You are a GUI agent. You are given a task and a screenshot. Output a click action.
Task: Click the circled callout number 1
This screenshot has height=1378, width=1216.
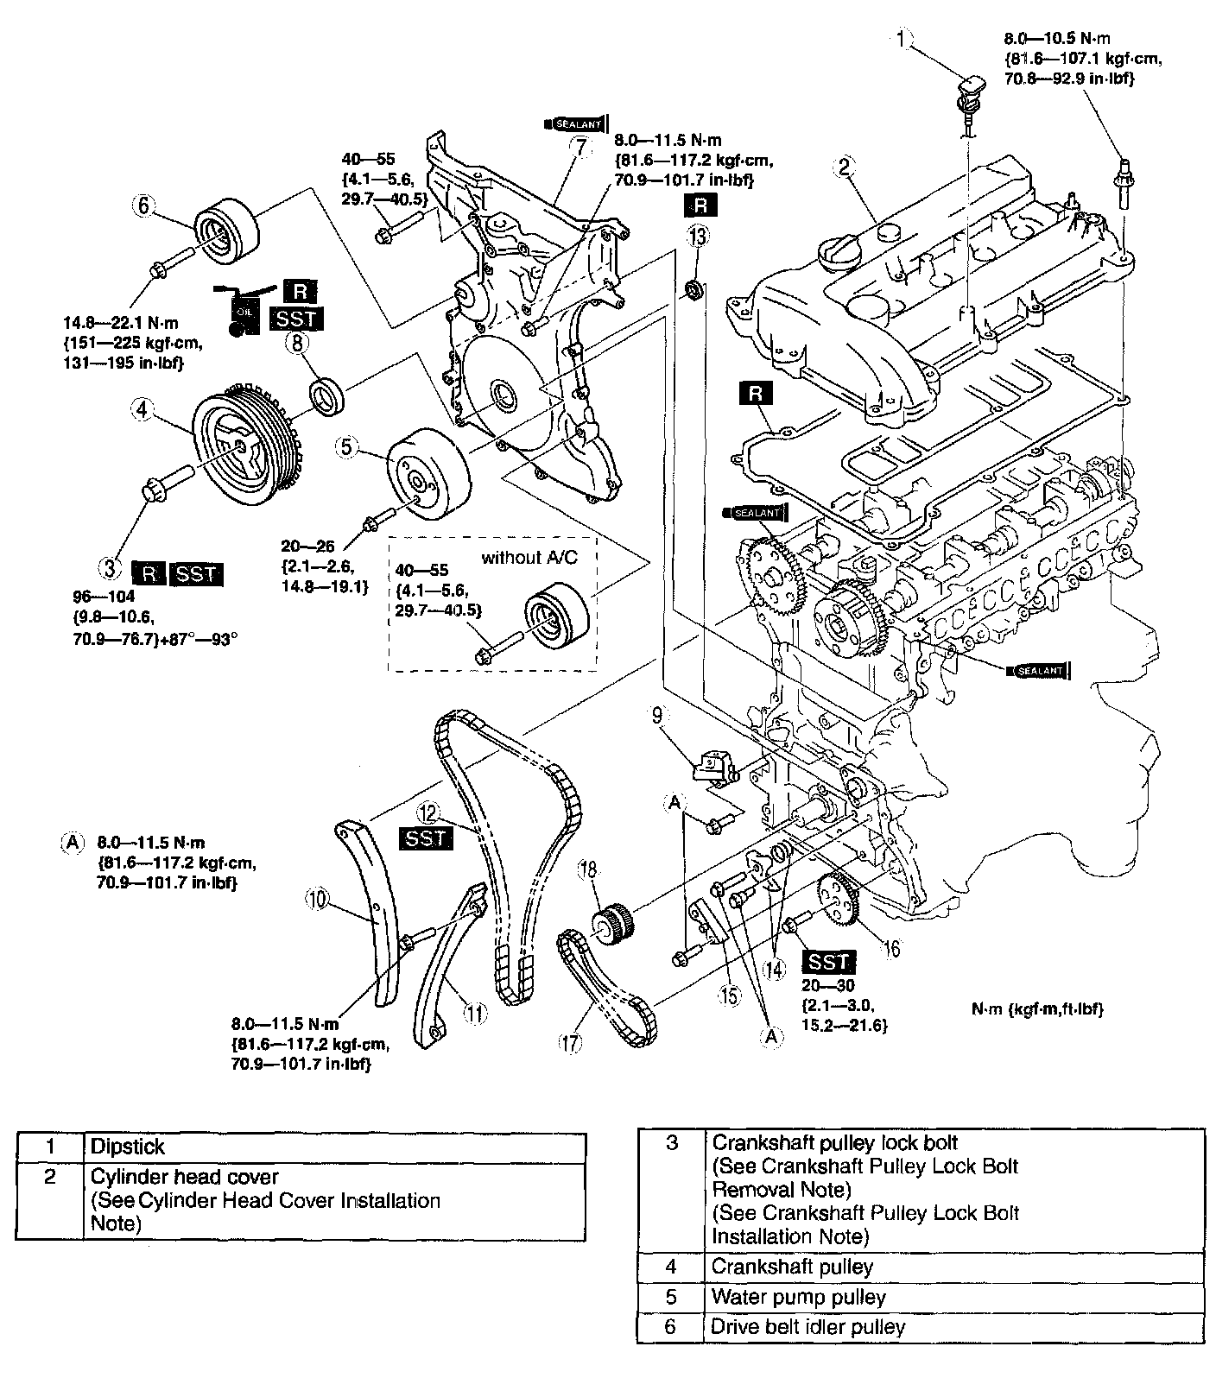[902, 39]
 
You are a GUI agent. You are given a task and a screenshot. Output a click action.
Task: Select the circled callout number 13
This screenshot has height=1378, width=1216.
[698, 235]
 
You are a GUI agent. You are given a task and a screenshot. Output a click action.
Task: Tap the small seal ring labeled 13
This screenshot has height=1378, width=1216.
[693, 289]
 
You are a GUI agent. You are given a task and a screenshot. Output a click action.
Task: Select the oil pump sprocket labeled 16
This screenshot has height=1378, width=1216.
[836, 898]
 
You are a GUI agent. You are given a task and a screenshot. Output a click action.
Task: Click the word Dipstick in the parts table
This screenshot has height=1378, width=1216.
[127, 1147]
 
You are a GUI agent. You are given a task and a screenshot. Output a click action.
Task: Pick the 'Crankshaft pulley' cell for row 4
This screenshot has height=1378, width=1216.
[792, 1267]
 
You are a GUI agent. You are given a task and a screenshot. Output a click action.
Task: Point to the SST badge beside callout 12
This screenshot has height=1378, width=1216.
[425, 838]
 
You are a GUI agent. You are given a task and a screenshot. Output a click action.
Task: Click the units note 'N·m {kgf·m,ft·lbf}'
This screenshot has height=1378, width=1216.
[1037, 1008]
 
